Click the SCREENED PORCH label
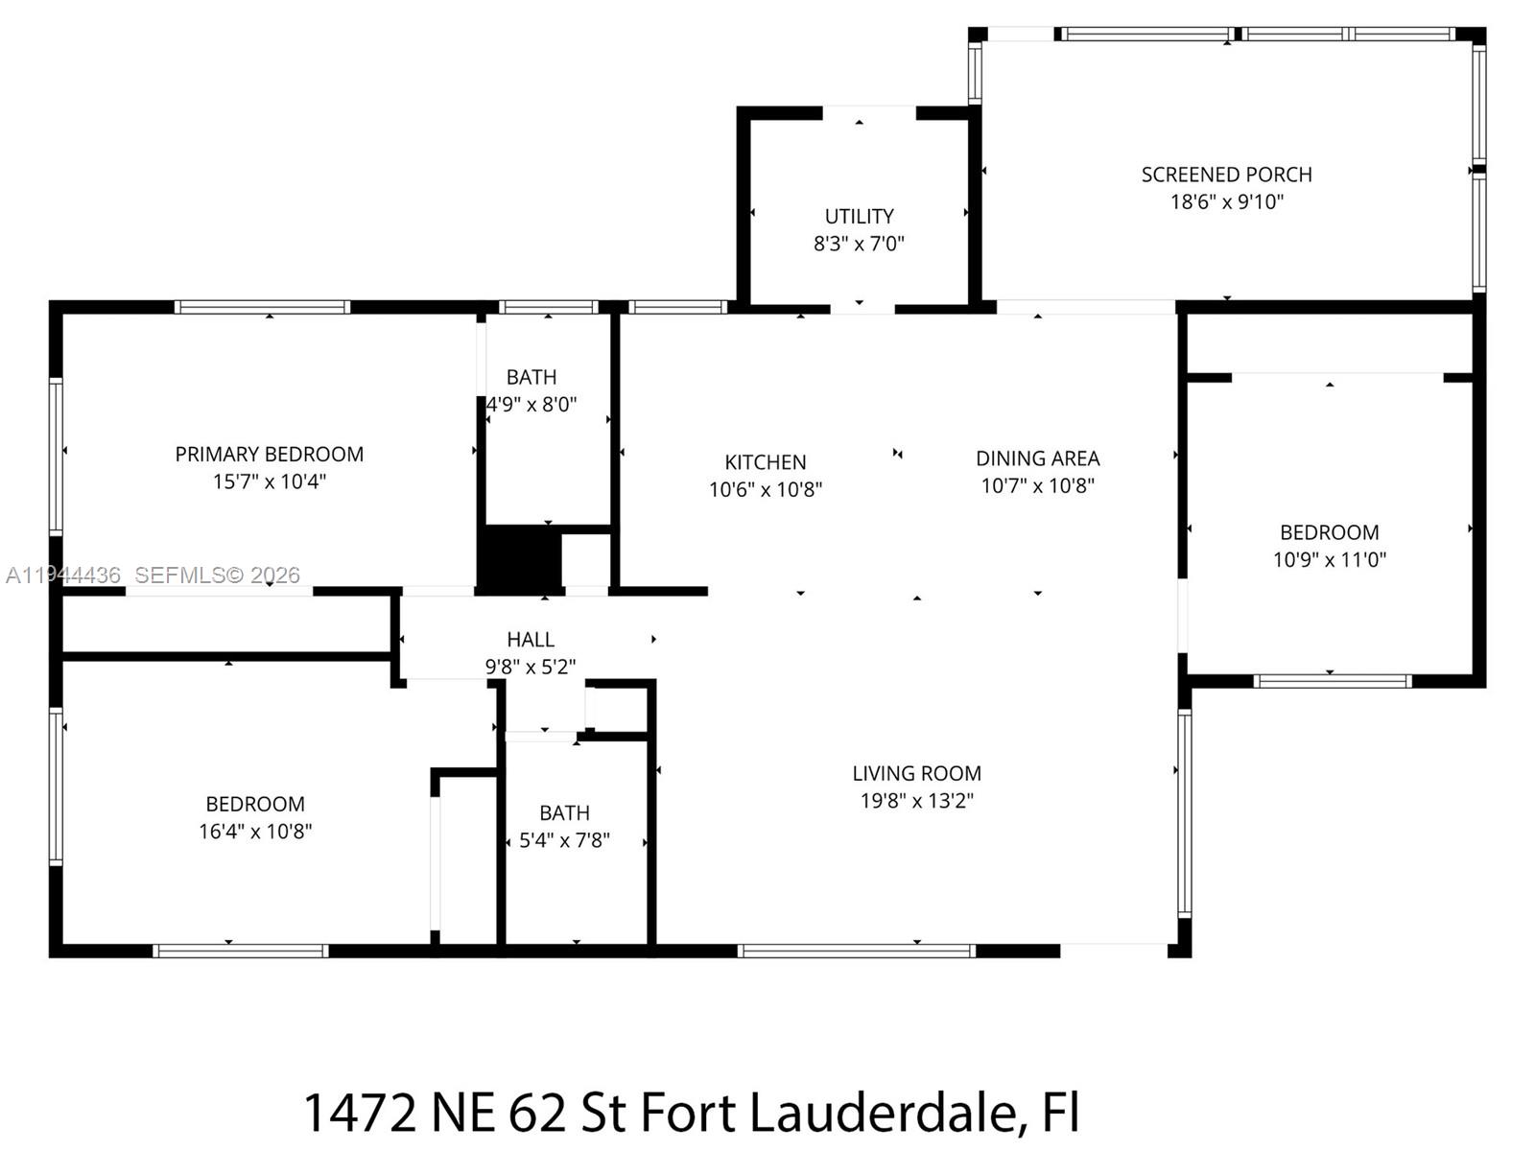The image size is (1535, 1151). coord(1226,175)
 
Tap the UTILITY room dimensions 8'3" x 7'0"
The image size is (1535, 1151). coord(859,244)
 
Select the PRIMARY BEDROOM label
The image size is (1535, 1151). coord(269,454)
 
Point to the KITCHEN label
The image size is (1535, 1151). coord(765,462)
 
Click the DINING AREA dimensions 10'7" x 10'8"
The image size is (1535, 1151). coord(1037,485)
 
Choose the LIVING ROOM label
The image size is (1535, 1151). coord(916,773)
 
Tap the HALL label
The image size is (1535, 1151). coord(530,640)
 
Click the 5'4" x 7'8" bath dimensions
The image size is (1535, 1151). coord(564,840)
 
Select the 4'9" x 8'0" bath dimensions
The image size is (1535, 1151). coord(531,405)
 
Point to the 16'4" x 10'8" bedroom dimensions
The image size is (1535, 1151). coord(255,832)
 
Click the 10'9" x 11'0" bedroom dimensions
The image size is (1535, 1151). coord(1329,560)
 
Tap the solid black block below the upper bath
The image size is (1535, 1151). coord(519,557)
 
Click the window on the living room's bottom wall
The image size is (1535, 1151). coord(856,951)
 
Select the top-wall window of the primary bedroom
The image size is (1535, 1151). coord(262,307)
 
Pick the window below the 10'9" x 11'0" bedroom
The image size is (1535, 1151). coord(1332,681)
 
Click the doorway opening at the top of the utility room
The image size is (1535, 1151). coord(869,112)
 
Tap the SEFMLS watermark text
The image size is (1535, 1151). coord(217,575)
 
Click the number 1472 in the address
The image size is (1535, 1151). coord(359,1113)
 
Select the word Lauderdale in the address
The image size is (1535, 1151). coord(883,1113)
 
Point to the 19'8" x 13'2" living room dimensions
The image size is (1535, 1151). coord(916,801)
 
